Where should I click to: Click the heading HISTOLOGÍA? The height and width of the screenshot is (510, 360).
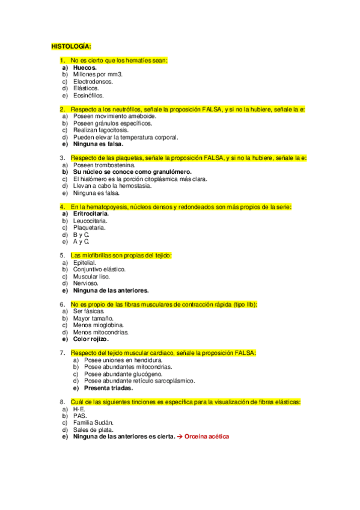tap(72, 46)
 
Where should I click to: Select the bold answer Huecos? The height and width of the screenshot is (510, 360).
tap(85, 67)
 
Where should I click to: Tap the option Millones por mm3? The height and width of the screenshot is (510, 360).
tap(97, 74)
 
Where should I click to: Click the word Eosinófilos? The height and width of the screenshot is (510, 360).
tap(88, 95)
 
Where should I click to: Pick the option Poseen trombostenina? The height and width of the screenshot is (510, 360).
tap(103, 165)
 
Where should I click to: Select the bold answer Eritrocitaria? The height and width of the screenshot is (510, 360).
tap(91, 214)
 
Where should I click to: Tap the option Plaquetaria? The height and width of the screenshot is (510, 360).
tap(90, 228)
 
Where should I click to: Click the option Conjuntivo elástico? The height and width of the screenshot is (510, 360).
tap(99, 269)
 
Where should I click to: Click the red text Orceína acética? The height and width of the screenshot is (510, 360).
tap(207, 437)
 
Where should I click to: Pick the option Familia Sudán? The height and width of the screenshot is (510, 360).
tap(93, 423)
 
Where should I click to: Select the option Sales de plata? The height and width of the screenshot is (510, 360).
tap(92, 429)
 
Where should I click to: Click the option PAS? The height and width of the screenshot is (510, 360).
tap(79, 416)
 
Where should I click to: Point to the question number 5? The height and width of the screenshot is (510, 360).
tap(62, 256)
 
